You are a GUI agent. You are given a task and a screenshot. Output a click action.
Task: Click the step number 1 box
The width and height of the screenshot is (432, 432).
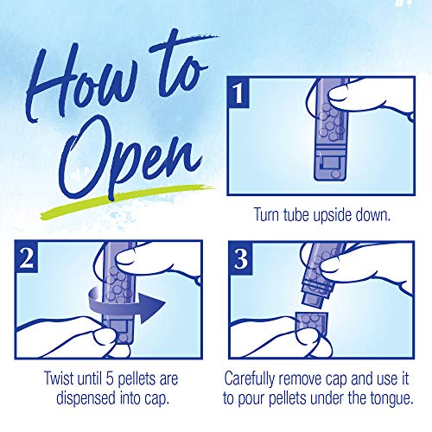click(x=238, y=92)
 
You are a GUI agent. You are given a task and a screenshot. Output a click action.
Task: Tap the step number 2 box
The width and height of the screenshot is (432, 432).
click(x=27, y=257)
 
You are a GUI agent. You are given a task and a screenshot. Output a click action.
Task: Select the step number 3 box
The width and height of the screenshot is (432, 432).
click(x=241, y=257)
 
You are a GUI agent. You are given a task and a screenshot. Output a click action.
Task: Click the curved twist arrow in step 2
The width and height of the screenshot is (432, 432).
click(x=127, y=306)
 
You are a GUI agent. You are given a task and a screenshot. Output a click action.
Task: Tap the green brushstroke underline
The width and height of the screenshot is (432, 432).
click(x=127, y=200)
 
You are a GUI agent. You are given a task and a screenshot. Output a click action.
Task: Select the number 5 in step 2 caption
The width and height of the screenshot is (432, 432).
click(x=109, y=378)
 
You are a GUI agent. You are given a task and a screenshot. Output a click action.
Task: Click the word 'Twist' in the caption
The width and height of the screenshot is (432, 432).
click(x=59, y=378)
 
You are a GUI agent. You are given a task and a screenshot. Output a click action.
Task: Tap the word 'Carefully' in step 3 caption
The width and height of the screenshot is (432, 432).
click(x=249, y=378)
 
